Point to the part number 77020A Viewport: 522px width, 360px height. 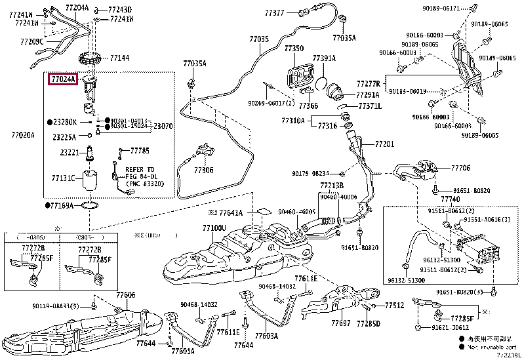click(22, 135)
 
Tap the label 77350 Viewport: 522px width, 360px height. click(294, 49)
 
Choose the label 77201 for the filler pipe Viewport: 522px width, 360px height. click(385, 143)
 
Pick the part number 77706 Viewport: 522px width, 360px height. click(460, 169)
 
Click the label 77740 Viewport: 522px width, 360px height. click(450, 199)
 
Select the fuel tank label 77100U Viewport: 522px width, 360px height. click(214, 228)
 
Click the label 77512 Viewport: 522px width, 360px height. click(394, 306)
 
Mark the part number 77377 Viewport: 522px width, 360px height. click(275, 12)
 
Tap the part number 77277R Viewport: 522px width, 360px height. click(368, 84)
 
